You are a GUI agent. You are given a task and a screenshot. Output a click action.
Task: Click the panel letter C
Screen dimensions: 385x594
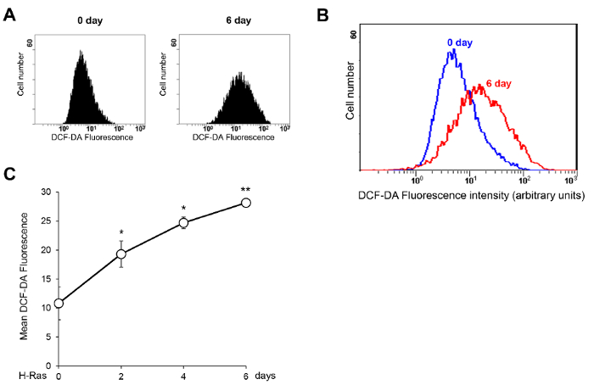[x=10, y=174]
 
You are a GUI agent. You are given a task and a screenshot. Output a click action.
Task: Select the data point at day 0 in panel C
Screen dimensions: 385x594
[x=59, y=303]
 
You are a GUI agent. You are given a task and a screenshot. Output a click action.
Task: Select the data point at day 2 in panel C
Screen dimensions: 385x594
[x=121, y=254]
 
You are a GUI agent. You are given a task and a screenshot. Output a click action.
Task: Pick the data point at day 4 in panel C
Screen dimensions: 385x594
[x=183, y=223]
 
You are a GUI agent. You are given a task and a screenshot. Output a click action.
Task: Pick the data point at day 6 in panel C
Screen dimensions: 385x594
[x=246, y=203]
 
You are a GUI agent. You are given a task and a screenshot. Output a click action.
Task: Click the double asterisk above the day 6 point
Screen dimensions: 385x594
[x=246, y=190]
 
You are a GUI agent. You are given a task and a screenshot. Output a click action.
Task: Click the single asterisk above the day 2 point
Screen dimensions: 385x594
[x=121, y=232]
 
